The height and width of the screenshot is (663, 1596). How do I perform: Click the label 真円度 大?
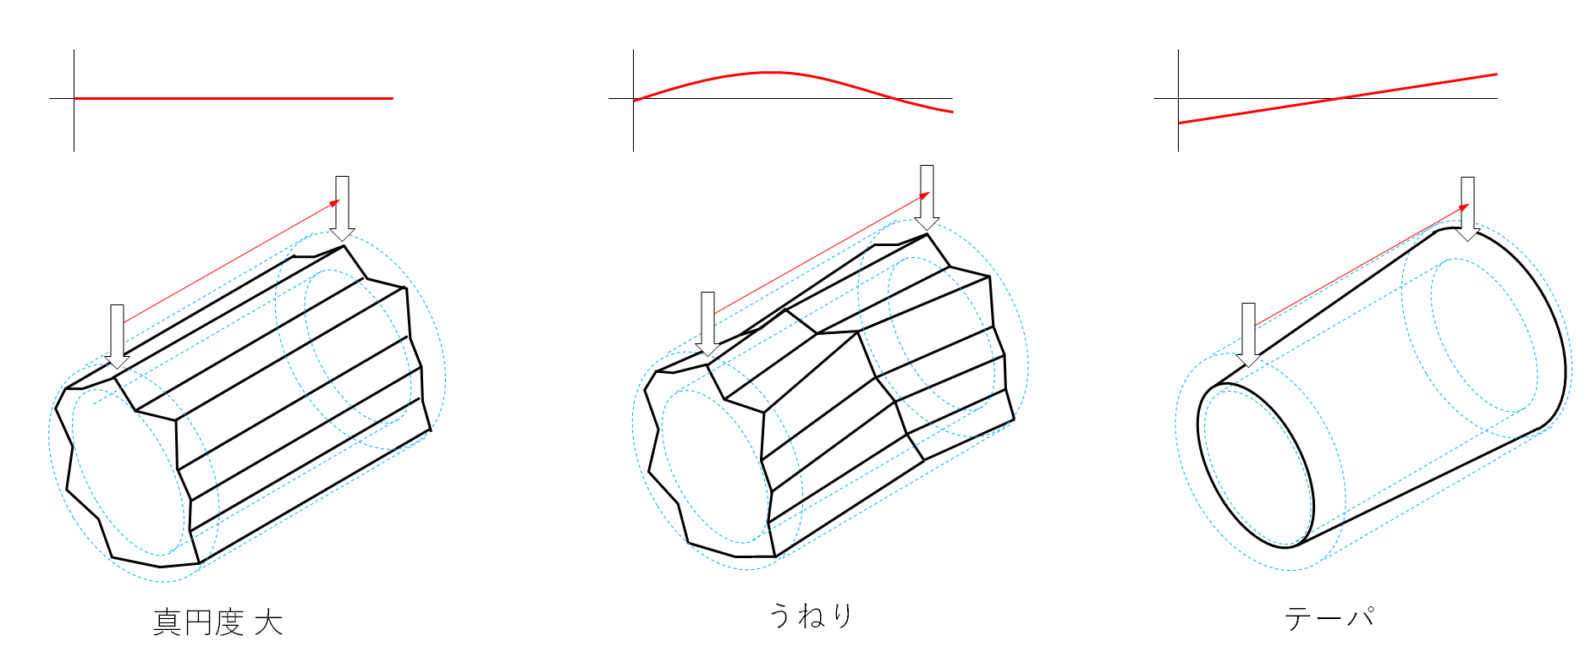coord(217,622)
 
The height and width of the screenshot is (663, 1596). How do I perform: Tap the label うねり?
coord(811,615)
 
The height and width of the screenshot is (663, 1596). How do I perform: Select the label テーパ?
coord(1329,617)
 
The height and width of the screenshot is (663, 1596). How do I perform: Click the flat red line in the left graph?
coord(234,98)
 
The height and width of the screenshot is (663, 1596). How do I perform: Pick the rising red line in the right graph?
coord(1338,99)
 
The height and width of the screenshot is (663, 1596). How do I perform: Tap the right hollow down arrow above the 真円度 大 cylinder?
coord(342,208)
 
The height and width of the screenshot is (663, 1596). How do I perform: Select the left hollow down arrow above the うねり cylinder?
coord(707,324)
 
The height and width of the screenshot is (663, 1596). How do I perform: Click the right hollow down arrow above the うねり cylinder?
coord(927,197)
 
